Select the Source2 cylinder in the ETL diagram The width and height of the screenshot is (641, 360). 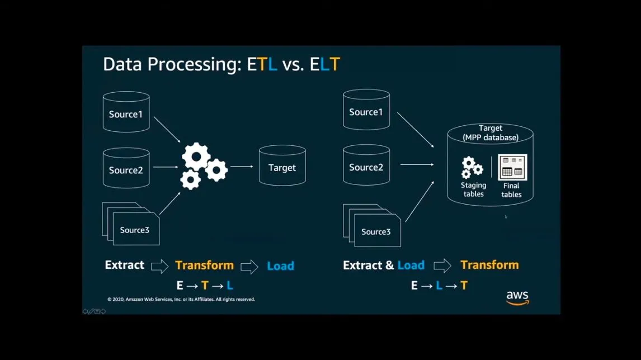tap(126, 168)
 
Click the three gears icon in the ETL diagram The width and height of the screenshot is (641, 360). tap(202, 165)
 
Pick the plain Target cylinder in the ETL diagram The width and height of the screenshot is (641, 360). tap(282, 166)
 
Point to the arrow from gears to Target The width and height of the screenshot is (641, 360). tap(242, 167)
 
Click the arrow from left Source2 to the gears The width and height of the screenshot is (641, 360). tap(166, 167)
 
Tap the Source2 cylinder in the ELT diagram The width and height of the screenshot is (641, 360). tap(366, 165)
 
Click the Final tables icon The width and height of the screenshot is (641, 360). tap(512, 167)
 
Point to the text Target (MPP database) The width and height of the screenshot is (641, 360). tap(491, 133)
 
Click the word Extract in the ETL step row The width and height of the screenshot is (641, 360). tap(124, 265)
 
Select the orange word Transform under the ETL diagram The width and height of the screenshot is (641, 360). tap(204, 265)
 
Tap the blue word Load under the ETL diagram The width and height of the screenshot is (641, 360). tap(280, 266)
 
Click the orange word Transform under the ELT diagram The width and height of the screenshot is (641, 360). tap(489, 265)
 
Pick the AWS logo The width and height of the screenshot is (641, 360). tap(517, 298)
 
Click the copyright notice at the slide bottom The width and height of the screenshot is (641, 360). tap(181, 300)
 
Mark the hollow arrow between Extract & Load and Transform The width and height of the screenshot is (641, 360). tap(442, 266)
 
